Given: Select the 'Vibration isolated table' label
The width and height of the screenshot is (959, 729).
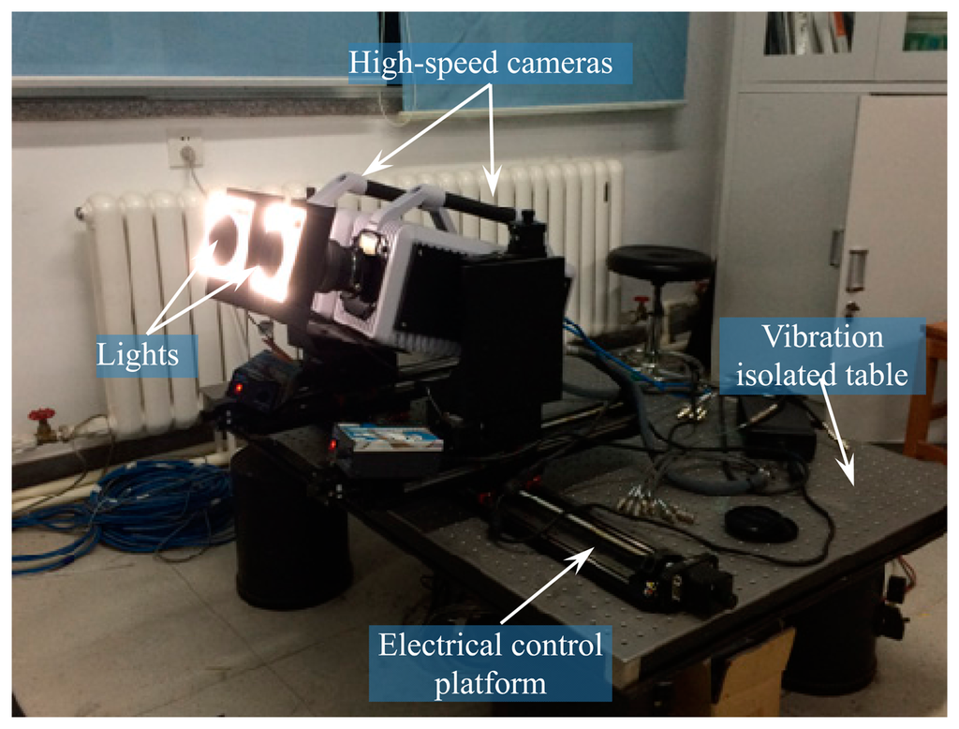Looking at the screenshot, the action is pos(822,356).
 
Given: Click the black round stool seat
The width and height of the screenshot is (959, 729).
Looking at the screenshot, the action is pos(658,262).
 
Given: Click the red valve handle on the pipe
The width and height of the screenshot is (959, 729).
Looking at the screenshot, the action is pos(41,415).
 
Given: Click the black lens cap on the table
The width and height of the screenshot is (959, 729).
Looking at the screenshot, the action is pos(760,524).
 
